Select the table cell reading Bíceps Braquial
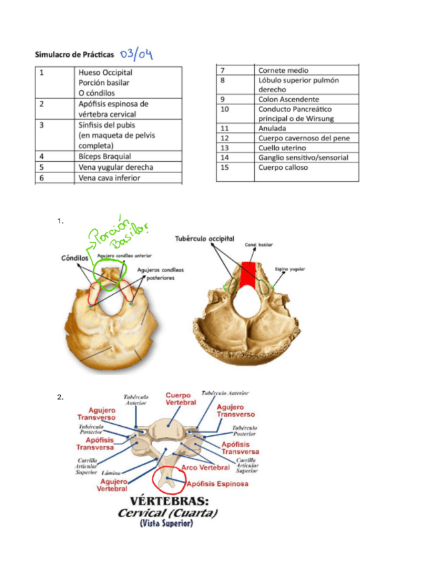[105, 156]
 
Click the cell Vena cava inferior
[110, 178]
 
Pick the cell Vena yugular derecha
[115, 167]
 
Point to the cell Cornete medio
[283, 70]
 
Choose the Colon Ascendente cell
[288, 99]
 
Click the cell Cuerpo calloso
[283, 167]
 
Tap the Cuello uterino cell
[282, 148]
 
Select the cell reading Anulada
[272, 128]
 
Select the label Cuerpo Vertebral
[181, 399]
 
